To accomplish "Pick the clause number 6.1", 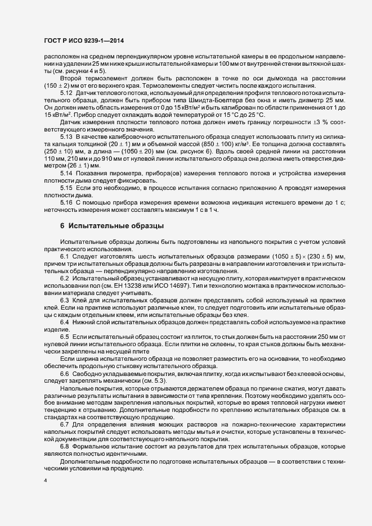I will pos(64,256).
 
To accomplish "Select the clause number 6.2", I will pos(64,279).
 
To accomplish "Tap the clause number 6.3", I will pos(64,301).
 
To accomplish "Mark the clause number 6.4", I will pos(64,322).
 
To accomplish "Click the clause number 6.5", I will pos(64,336).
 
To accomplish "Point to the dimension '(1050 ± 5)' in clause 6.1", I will pos(288,256).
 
